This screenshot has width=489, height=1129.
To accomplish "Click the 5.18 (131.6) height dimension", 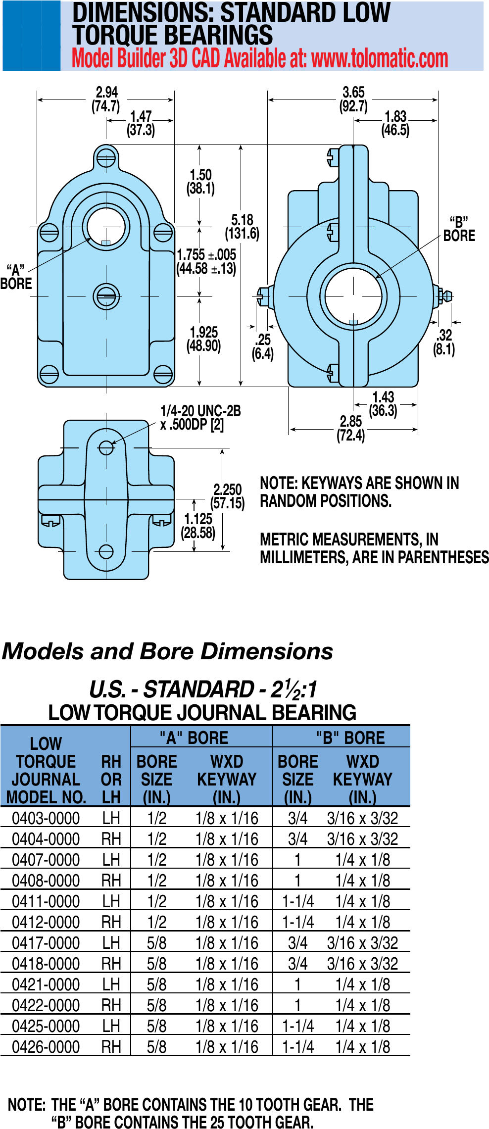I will pyautogui.click(x=242, y=227).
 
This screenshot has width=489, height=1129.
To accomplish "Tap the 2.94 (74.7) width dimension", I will pyautogui.click(x=106, y=99).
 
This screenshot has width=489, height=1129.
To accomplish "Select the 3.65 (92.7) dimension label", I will pyautogui.click(x=353, y=99).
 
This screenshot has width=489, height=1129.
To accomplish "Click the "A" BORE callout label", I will pyautogui.click(x=16, y=277).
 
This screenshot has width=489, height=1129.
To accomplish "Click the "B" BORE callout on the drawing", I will pyautogui.click(x=459, y=229).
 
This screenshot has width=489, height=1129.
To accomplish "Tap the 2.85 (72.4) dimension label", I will pyautogui.click(x=350, y=429).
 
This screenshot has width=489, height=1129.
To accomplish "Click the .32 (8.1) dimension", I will pyautogui.click(x=444, y=342).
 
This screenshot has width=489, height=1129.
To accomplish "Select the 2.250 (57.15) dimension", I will pyautogui.click(x=228, y=496).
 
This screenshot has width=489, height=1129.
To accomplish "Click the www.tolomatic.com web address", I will pyautogui.click(x=380, y=59).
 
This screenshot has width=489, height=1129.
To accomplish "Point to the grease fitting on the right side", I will pyautogui.click(x=444, y=296).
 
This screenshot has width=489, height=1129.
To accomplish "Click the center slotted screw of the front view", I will pyautogui.click(x=106, y=296).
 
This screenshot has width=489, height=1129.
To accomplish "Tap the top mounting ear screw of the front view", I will pyautogui.click(x=106, y=159).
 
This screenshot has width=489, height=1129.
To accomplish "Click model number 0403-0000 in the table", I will pyautogui.click(x=46, y=819).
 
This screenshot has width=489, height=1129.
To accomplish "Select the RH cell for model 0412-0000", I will pyautogui.click(x=111, y=923).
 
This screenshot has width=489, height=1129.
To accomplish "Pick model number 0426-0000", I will pyautogui.click(x=46, y=1047).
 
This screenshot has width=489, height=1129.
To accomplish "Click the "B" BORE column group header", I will pyautogui.click(x=350, y=738).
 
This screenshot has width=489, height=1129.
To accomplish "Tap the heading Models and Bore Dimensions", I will pyautogui.click(x=168, y=651).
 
